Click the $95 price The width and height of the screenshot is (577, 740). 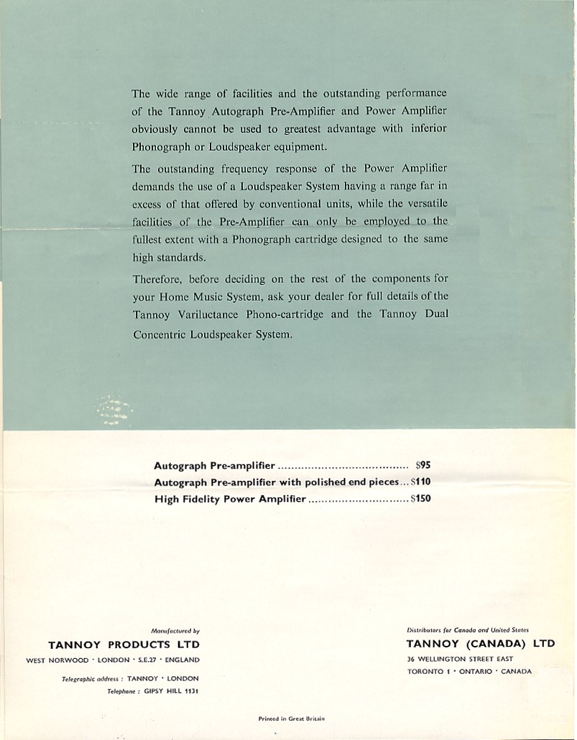[423, 465]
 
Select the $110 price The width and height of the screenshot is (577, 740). [420, 482]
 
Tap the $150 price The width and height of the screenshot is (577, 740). [420, 499]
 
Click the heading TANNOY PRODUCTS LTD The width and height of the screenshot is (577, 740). [124, 645]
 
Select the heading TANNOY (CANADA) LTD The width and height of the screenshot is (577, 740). [480, 643]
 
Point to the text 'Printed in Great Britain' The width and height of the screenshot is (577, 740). [292, 717]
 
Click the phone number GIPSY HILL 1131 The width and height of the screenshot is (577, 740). [170, 691]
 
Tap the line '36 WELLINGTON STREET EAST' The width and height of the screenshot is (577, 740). [459, 658]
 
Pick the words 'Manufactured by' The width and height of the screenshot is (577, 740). [176, 630]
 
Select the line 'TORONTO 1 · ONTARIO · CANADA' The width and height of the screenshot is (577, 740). [468, 672]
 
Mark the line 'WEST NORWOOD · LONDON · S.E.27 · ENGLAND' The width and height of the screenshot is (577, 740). [113, 660]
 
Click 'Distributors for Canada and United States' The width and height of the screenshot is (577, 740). [468, 629]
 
